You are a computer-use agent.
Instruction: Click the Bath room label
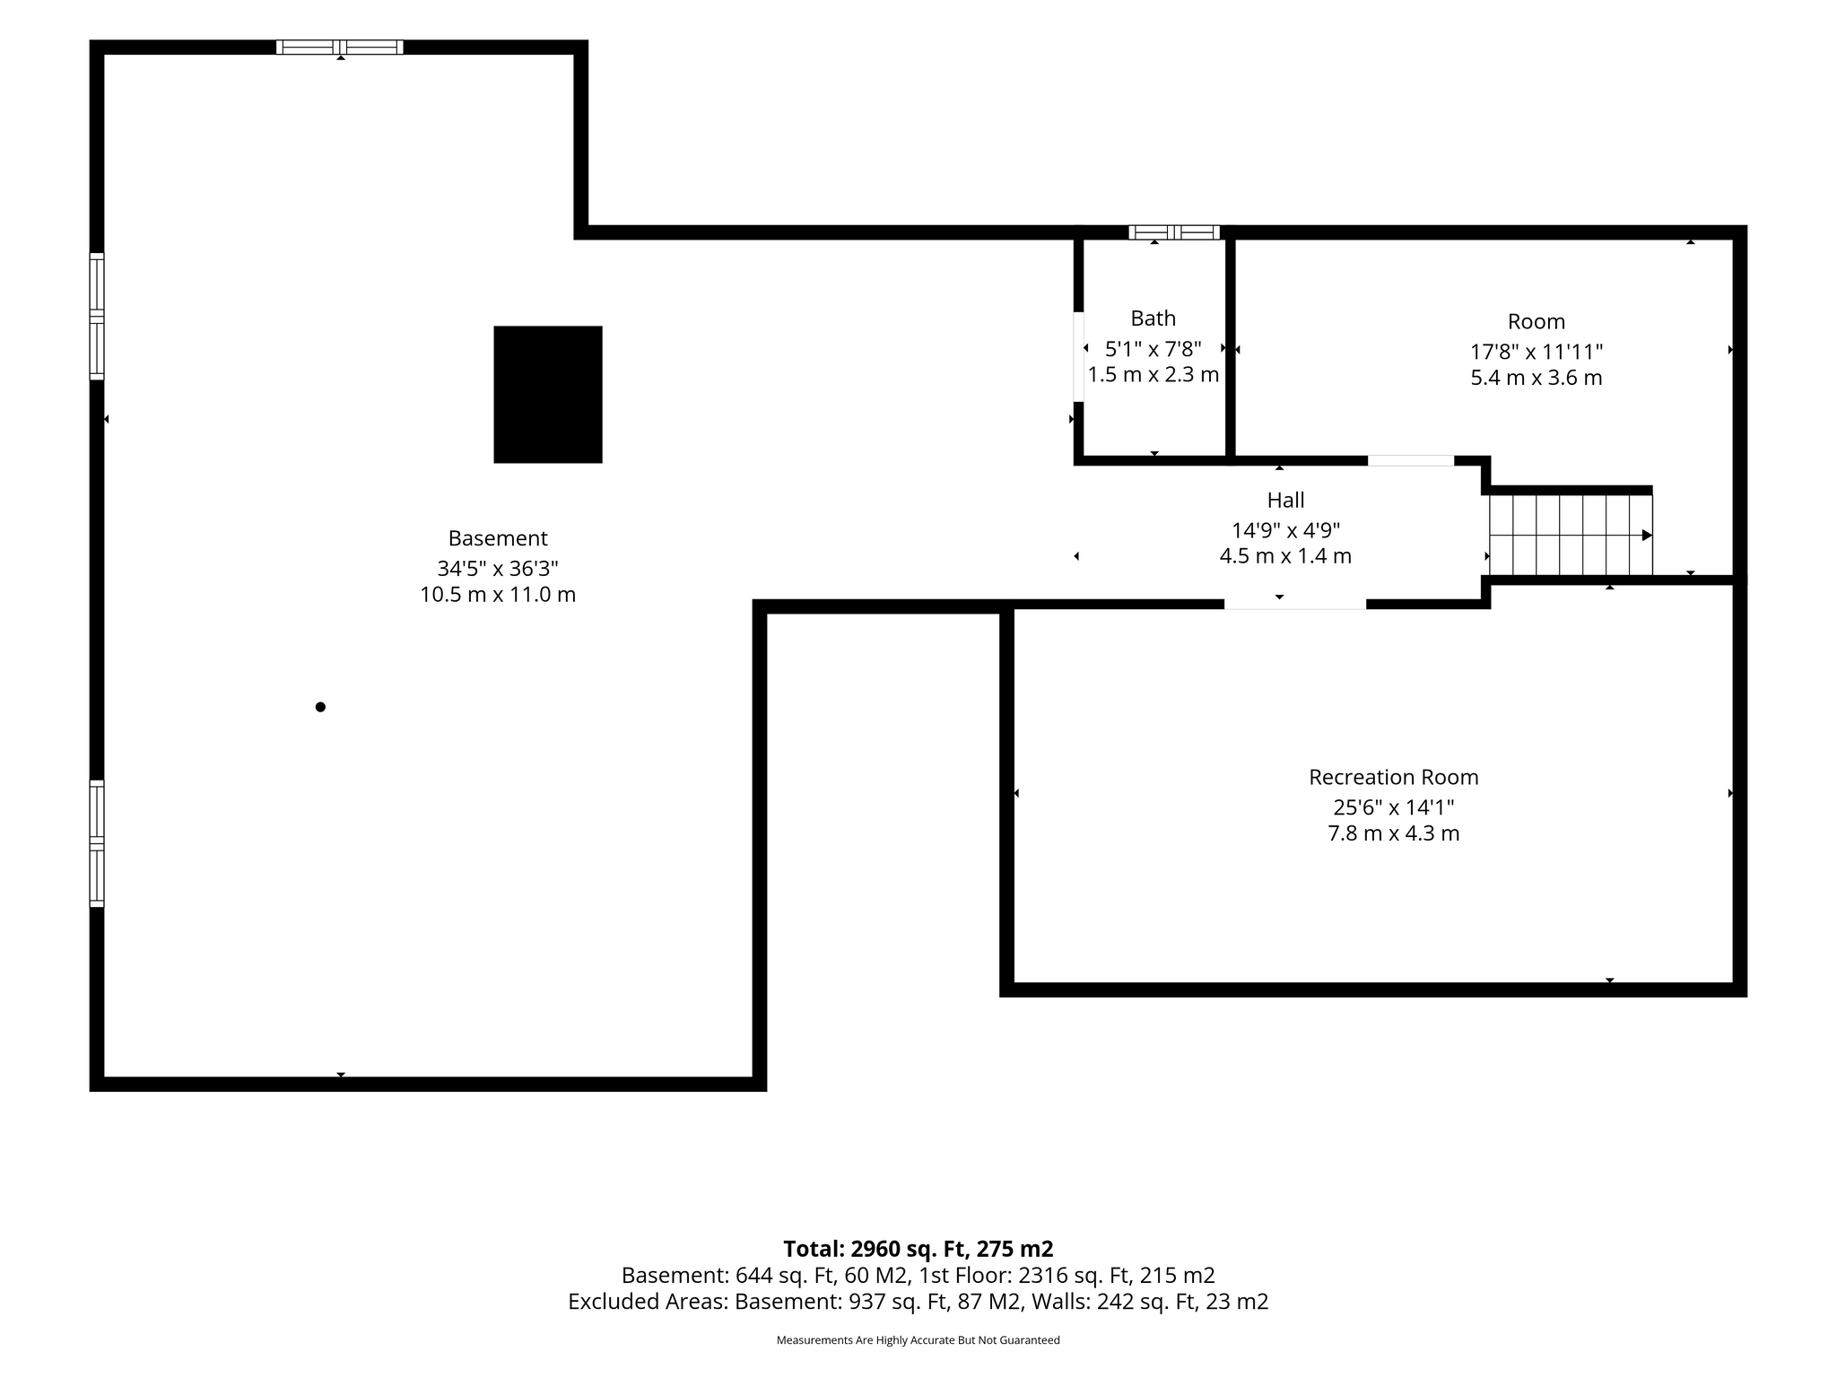tap(1153, 318)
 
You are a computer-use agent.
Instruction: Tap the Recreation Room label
tap(1393, 777)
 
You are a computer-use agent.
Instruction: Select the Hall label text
tap(1285, 500)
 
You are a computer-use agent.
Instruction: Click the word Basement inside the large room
tap(498, 538)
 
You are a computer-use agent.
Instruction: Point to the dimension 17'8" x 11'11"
tap(1537, 351)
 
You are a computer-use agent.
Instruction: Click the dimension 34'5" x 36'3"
tap(498, 568)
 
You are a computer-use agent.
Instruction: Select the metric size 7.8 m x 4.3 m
tap(1393, 833)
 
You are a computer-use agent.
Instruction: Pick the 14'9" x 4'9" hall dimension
tap(1285, 529)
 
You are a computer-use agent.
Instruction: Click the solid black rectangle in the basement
tap(548, 395)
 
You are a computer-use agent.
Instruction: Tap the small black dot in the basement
tap(320, 707)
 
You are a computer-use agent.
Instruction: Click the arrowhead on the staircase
tap(1647, 536)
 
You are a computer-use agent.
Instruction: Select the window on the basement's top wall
tap(339, 48)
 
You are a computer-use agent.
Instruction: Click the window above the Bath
tap(1174, 232)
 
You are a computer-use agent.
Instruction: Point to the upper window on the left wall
tap(97, 316)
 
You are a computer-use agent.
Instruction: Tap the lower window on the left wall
tap(97, 843)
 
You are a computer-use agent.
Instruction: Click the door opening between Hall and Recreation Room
tap(1295, 604)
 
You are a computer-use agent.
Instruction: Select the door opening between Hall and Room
tap(1411, 461)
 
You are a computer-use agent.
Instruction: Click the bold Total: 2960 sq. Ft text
tap(918, 1249)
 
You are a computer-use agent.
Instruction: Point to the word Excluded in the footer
tap(613, 1302)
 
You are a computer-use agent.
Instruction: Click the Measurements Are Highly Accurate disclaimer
tap(918, 1340)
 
